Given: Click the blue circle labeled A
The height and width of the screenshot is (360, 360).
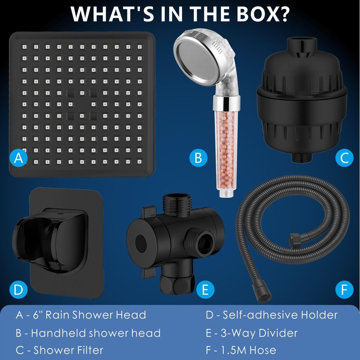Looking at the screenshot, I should pyautogui.click(x=18, y=158).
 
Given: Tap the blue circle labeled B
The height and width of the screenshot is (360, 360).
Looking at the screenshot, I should pyautogui.click(x=198, y=158).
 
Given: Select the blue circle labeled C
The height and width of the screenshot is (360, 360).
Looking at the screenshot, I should pyautogui.click(x=344, y=158).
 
